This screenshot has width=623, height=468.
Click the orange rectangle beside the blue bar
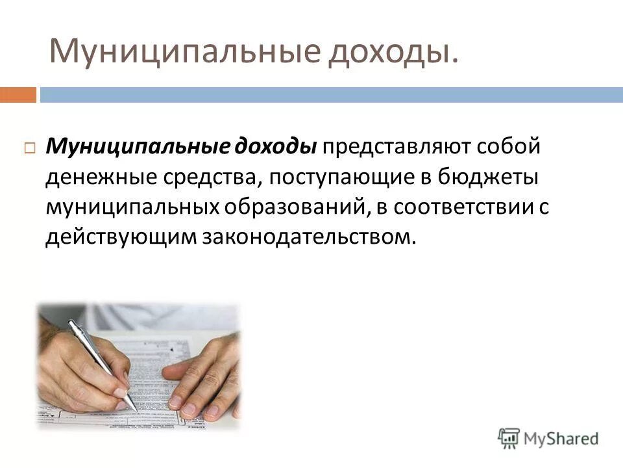pos(18,95)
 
